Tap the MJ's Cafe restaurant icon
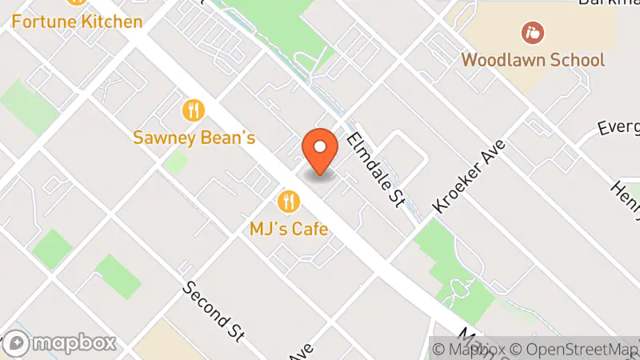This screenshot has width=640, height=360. [288, 200]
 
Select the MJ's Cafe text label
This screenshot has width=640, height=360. [289, 229]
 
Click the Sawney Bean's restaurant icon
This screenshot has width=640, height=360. [194, 110]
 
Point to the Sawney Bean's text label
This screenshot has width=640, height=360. [194, 138]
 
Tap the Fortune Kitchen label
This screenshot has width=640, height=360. [77, 21]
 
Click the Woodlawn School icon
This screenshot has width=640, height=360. [532, 33]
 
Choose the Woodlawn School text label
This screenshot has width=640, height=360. [533, 60]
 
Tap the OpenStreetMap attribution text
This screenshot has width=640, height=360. [575, 349]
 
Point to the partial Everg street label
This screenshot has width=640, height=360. [619, 128]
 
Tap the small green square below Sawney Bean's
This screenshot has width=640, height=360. [176, 162]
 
